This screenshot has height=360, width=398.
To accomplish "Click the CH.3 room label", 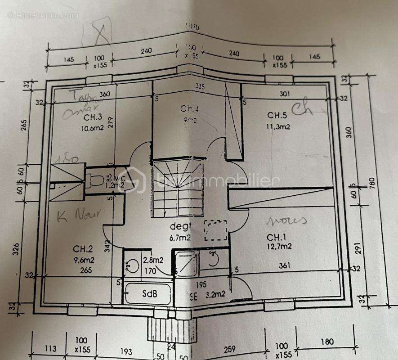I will (93, 117).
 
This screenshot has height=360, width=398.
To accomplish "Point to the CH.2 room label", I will (83, 248).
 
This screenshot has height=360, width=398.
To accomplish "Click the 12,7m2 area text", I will (279, 246).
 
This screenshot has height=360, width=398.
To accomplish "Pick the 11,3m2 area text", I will (278, 126).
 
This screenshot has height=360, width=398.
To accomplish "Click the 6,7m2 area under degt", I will (180, 237).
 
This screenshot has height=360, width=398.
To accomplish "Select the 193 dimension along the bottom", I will (127, 351).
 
